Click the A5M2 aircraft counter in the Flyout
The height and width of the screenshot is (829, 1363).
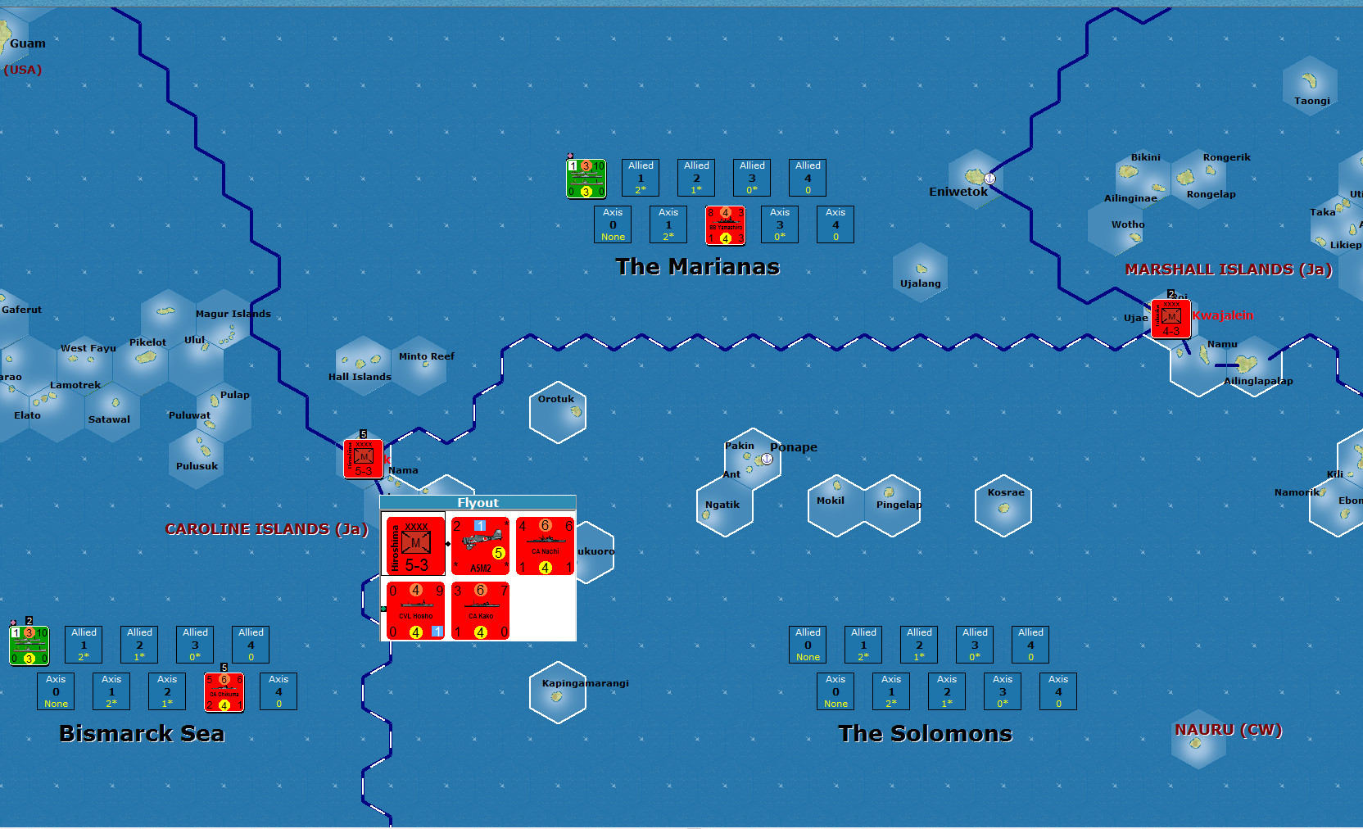[x=480, y=546]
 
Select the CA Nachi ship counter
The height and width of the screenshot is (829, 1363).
[x=545, y=546]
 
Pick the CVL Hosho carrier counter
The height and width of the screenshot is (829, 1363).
[x=415, y=610]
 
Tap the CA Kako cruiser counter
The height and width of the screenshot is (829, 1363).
[x=480, y=610]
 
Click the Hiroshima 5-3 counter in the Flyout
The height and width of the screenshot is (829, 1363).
[x=415, y=546]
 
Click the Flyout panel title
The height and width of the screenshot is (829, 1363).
[x=478, y=503]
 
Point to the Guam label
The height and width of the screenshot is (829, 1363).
[x=28, y=43]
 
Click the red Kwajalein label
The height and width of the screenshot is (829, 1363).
[x=1222, y=315]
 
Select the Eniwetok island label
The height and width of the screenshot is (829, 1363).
[x=958, y=192]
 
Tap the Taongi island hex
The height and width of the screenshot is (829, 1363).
[x=1310, y=84]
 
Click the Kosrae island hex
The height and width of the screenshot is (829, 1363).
[x=1003, y=505]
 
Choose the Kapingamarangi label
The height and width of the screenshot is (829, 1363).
[x=585, y=683]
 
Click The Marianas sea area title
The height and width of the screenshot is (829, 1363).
[x=697, y=267]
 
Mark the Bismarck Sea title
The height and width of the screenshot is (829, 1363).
[x=142, y=733]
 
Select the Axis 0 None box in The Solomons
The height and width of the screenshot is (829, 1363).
[x=835, y=691]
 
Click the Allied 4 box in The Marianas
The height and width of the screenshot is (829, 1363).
[x=808, y=178]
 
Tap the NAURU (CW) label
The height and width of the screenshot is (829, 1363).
[x=1228, y=730]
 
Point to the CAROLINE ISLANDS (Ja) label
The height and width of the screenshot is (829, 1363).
[x=266, y=529]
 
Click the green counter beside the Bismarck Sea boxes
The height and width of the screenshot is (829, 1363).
[x=29, y=646]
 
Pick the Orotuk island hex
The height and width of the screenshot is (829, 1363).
[x=558, y=412]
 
